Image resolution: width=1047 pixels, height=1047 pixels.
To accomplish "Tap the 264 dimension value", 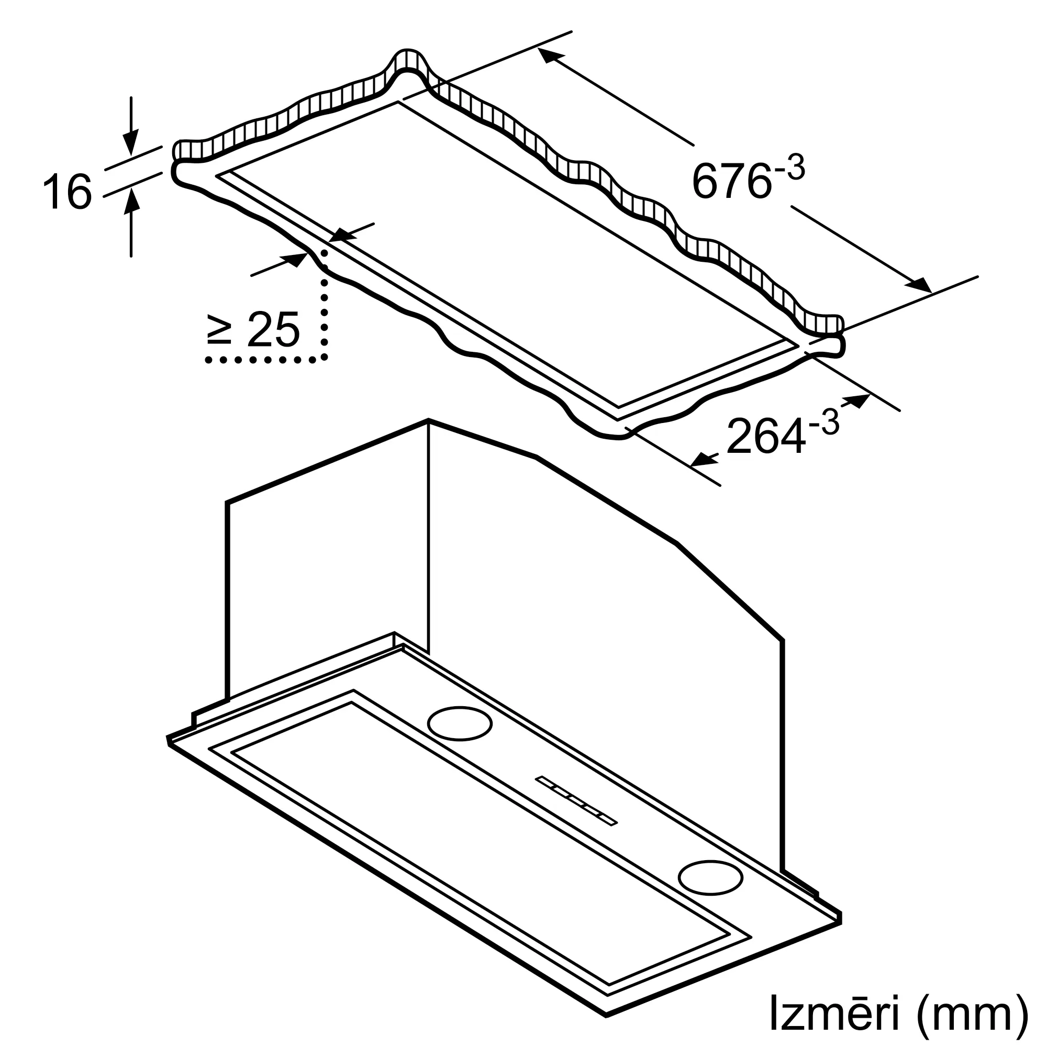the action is [765, 436].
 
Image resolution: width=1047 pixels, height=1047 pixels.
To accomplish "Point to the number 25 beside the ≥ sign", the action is [273, 329].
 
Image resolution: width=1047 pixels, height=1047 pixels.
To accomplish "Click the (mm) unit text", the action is [970, 1012].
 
